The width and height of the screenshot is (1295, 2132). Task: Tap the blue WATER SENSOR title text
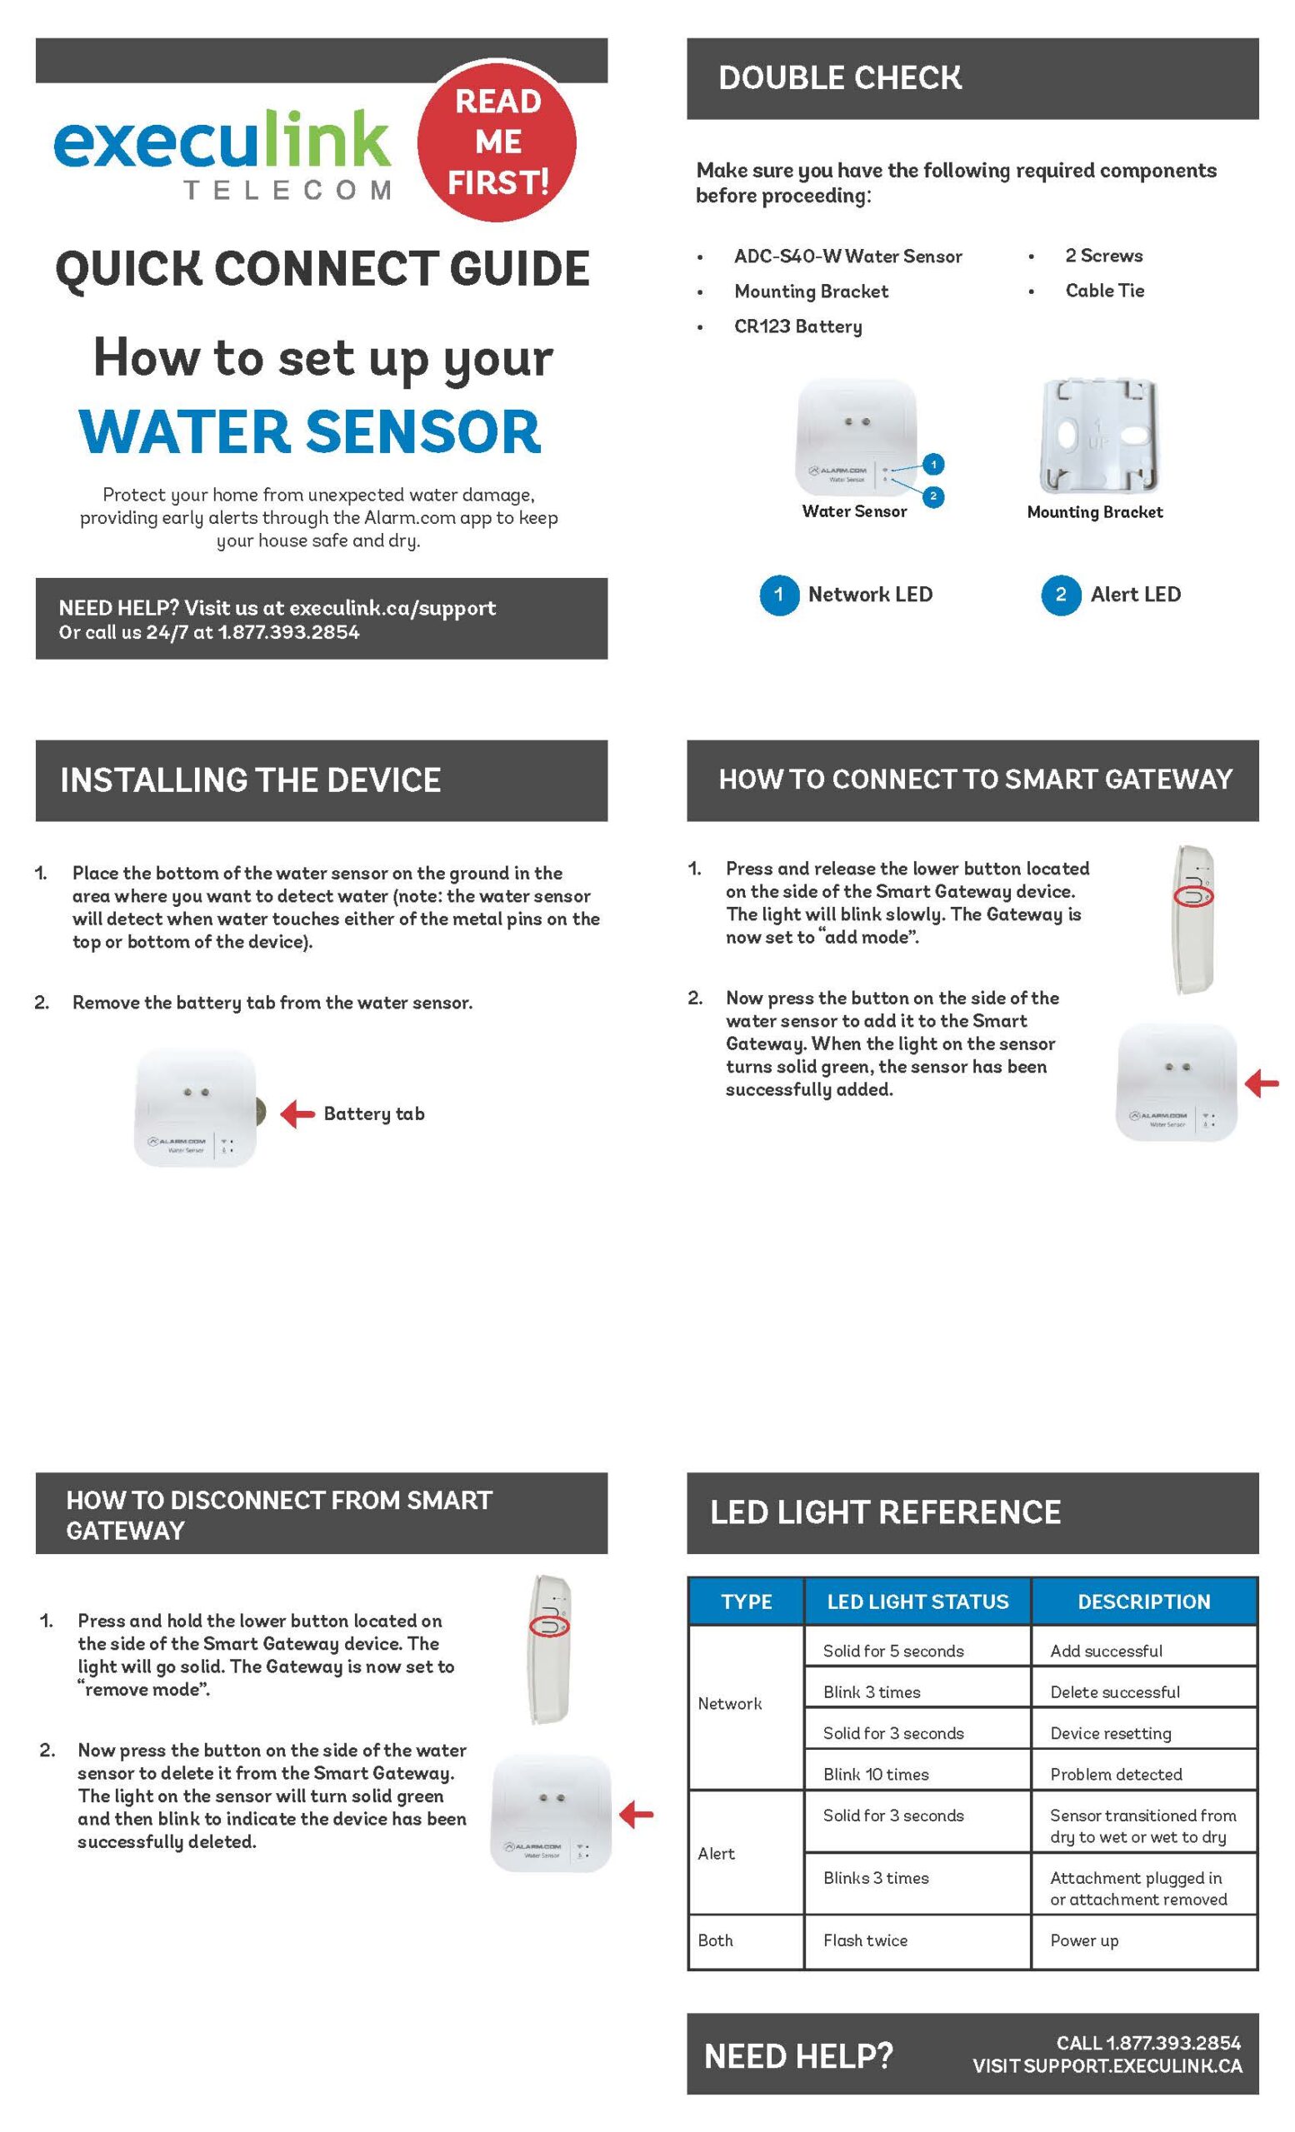coord(310,431)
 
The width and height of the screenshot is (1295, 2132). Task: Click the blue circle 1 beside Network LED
coord(778,595)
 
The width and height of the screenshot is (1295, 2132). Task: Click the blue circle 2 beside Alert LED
coord(1059,595)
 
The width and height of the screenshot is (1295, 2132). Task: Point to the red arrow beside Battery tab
coord(297,1113)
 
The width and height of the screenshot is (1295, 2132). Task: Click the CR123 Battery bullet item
coord(797,326)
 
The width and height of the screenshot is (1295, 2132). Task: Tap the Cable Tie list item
coord(1103,291)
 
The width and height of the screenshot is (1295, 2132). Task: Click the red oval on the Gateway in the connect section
coord(1192,895)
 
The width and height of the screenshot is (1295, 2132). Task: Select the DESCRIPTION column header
coord(1142,1601)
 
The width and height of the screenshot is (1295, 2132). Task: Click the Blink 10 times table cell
coord(875,1774)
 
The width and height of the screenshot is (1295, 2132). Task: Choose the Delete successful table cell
coord(1114,1691)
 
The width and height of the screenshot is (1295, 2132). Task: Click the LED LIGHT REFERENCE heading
coord(885,1512)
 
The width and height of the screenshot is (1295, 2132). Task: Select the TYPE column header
coord(746,1601)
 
